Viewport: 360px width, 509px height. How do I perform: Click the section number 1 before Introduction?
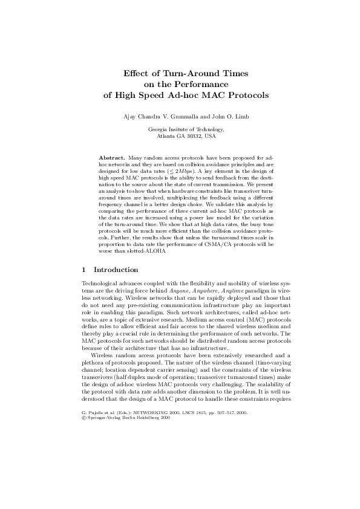tap(83, 270)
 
